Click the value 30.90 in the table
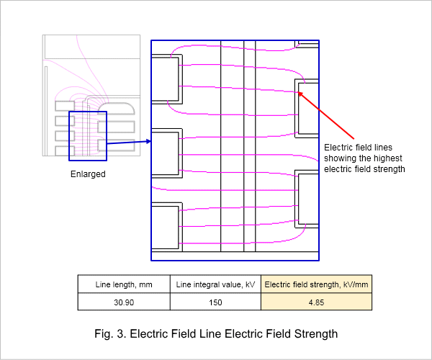click(124, 302)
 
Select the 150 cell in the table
click(215, 302)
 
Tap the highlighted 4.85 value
click(316, 302)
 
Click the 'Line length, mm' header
click(124, 284)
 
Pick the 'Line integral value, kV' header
click(215, 284)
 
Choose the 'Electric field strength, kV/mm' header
click(316, 284)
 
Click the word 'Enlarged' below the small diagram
click(88, 174)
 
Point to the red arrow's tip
click(298, 92)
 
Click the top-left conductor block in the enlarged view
click(167, 79)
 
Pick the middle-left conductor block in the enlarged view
click(167, 153)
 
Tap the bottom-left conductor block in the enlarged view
click(167, 227)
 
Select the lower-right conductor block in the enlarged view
click(307, 199)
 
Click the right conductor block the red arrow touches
click(307, 108)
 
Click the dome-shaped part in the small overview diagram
click(117, 109)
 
